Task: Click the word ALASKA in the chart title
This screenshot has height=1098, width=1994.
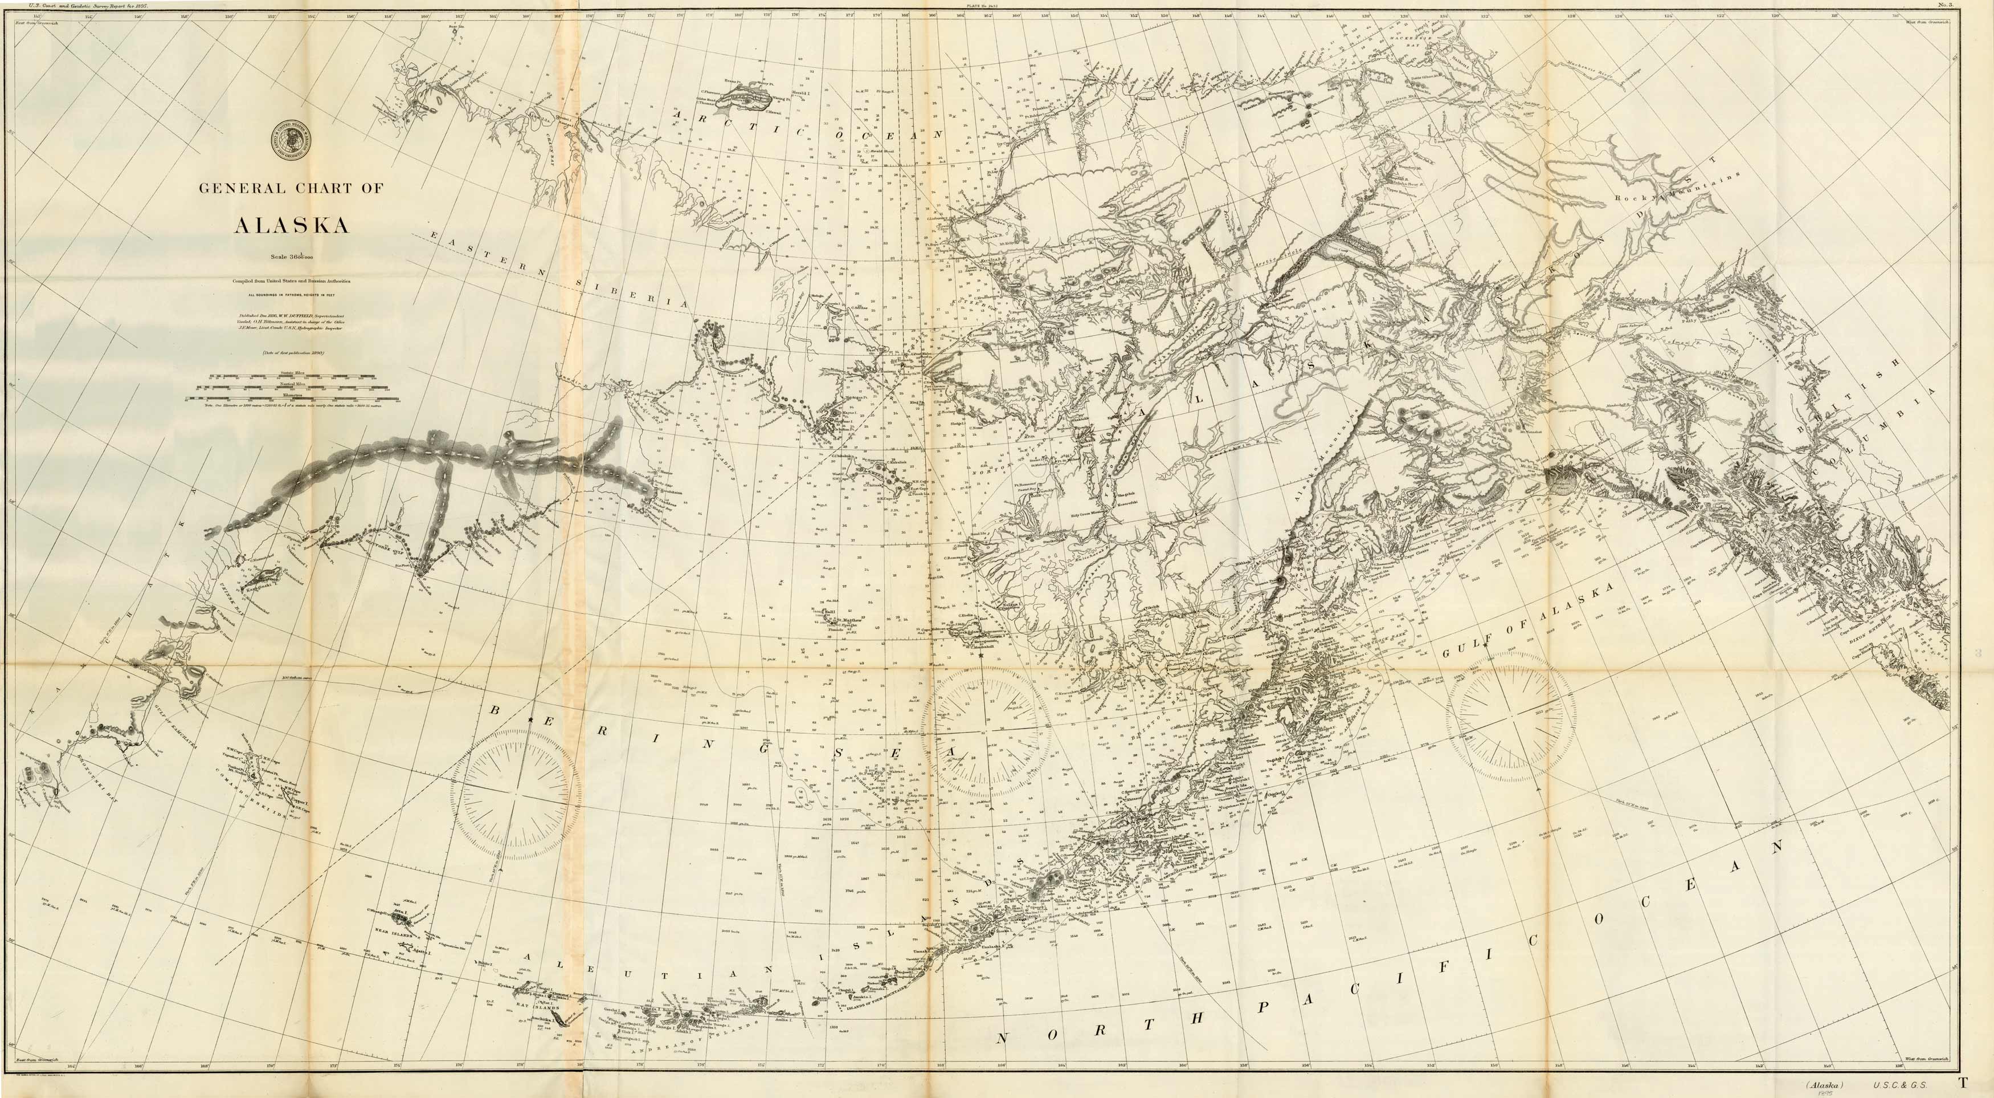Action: [291, 225]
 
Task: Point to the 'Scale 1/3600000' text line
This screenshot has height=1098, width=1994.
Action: [291, 255]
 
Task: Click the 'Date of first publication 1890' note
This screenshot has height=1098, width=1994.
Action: [291, 353]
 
